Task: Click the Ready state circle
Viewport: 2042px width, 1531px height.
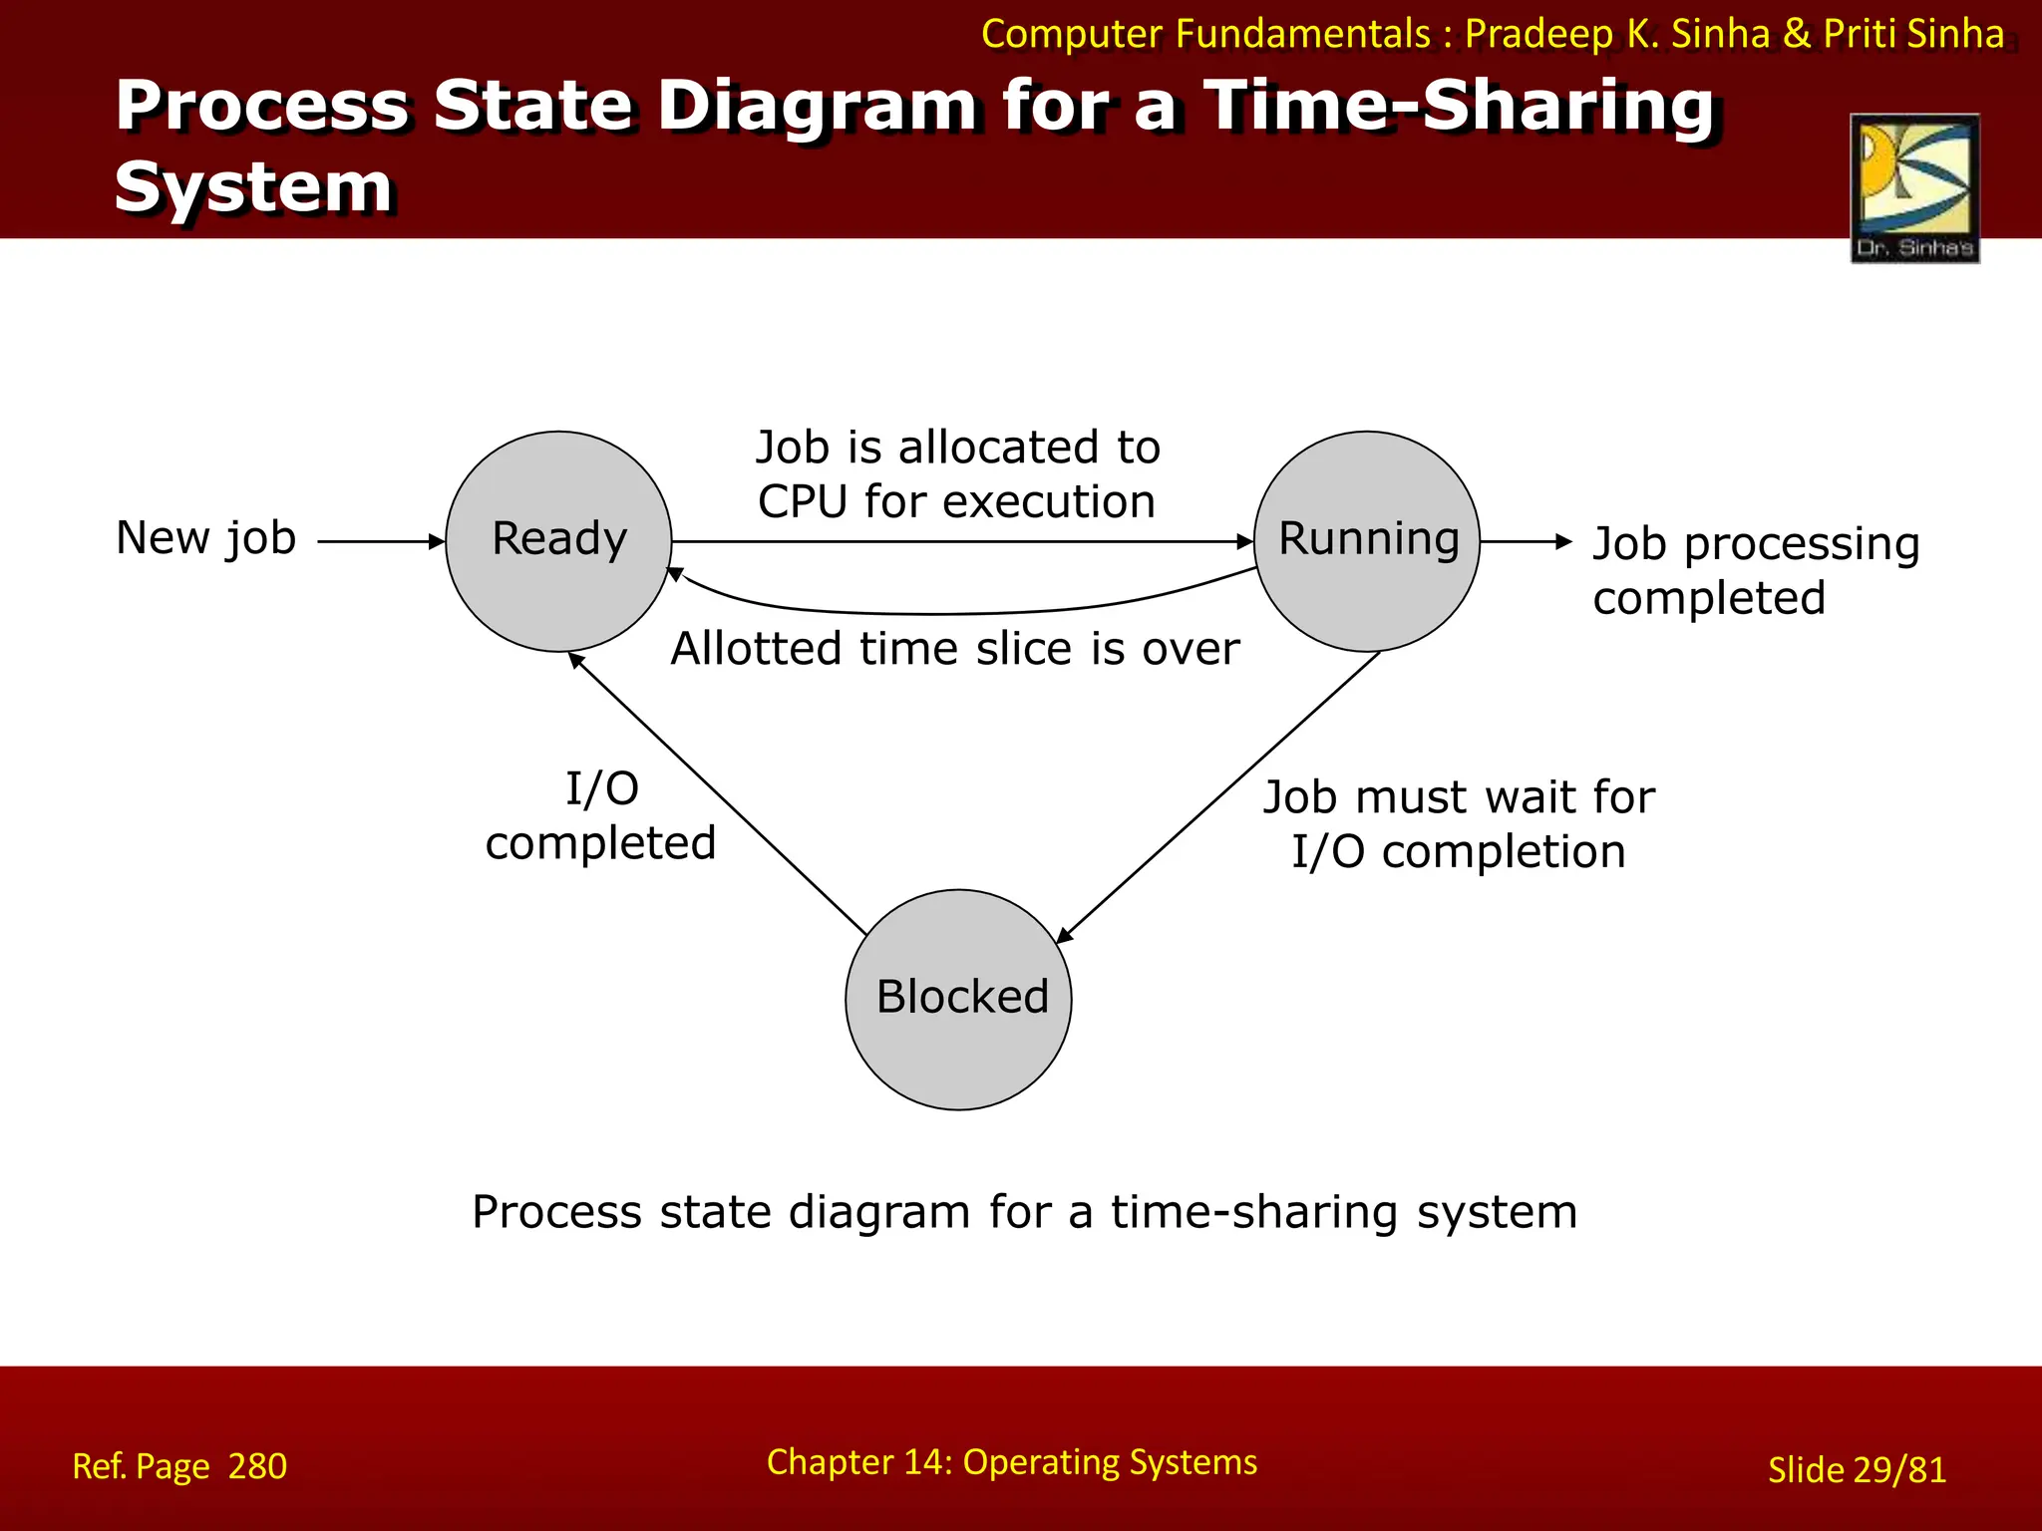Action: tap(558, 541)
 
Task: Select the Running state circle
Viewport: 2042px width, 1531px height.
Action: tap(1367, 541)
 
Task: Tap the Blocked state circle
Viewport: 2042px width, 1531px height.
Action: tap(959, 1000)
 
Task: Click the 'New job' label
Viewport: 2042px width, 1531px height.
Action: tap(206, 538)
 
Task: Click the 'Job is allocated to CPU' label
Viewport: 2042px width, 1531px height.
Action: tap(957, 474)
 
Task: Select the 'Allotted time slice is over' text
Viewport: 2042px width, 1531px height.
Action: tap(955, 649)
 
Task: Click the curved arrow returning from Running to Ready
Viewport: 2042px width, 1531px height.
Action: tap(937, 613)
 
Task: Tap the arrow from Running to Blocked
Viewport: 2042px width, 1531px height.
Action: tap(1216, 797)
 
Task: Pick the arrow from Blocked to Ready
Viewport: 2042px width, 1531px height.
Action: tap(718, 793)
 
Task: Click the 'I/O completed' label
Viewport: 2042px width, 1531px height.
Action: tap(601, 815)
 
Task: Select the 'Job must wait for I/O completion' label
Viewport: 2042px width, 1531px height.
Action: tap(1459, 824)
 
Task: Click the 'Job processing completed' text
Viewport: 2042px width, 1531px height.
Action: tap(1755, 570)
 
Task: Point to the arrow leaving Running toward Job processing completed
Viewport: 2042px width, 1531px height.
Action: tap(1526, 542)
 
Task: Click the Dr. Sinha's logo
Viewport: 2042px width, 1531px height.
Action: tap(1914, 188)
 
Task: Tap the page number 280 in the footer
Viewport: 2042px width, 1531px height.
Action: tap(257, 1466)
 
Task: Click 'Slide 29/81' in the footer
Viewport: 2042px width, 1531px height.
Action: tap(1857, 1470)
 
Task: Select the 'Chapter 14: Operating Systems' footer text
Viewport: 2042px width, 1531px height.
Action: tap(1011, 1462)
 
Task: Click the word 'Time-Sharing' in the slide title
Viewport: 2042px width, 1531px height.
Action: tap(1459, 106)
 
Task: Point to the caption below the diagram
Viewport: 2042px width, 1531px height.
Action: tap(1024, 1212)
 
